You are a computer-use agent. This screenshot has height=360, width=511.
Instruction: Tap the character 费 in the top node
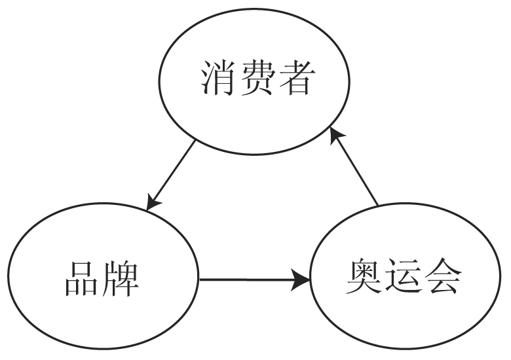point(256,79)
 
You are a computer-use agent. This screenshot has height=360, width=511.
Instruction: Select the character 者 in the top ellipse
point(292,79)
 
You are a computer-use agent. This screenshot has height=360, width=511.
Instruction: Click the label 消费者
point(255,79)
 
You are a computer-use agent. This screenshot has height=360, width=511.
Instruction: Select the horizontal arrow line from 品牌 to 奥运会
point(249,280)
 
